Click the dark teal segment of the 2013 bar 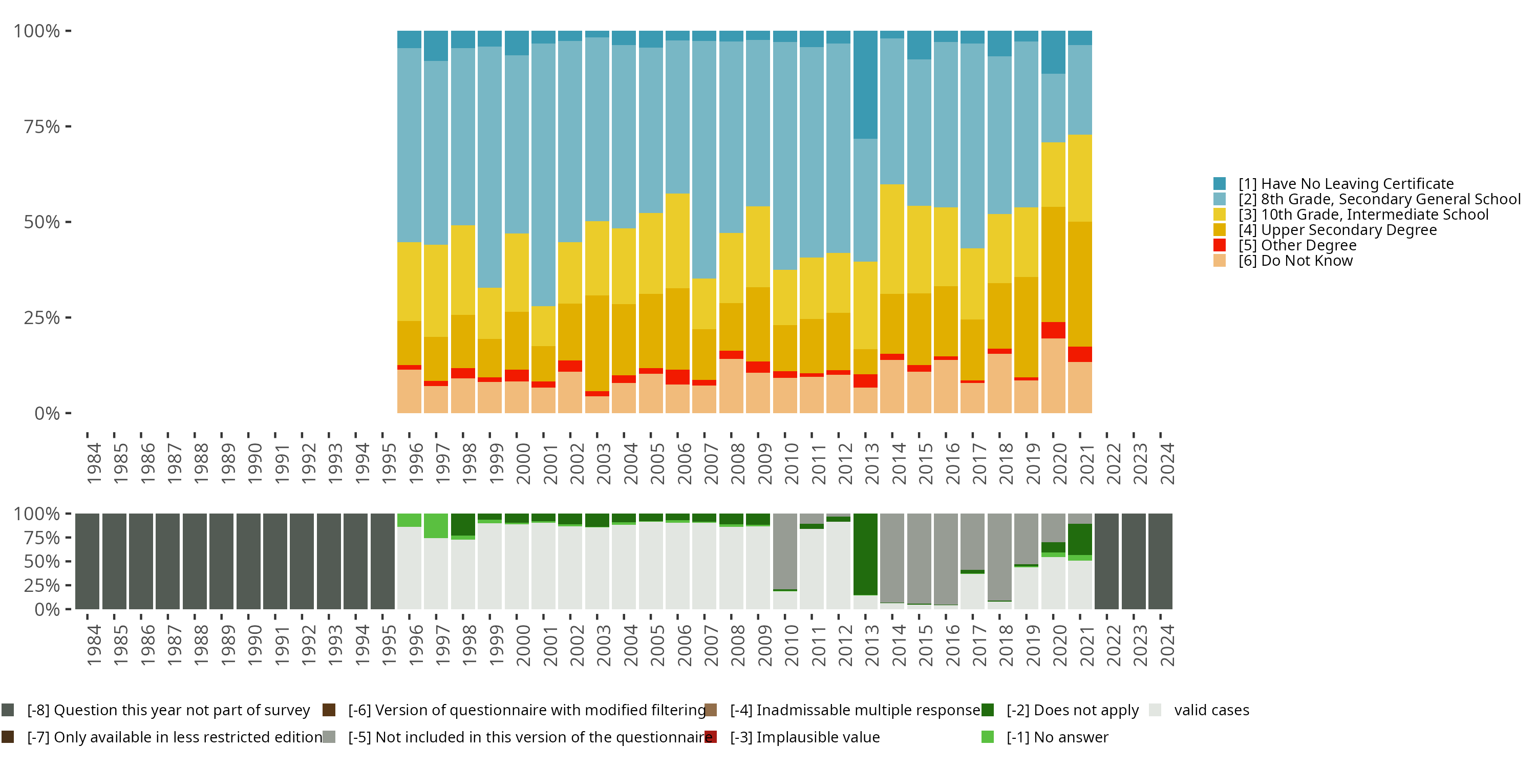(865, 84)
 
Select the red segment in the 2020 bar (1053, 330)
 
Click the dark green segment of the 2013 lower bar (865, 554)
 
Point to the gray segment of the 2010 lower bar (785, 551)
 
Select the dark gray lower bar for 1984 (87, 561)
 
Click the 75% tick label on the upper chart (42, 126)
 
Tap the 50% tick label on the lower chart (42, 561)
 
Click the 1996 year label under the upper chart (416, 463)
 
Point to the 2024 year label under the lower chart (1167, 646)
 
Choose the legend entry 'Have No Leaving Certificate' (1346, 184)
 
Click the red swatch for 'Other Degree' (1220, 245)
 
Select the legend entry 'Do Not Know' (1295, 261)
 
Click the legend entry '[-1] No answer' (1057, 737)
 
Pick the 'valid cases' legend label (1211, 710)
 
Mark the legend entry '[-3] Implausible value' (804, 737)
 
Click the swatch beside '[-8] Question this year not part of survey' (8, 710)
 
